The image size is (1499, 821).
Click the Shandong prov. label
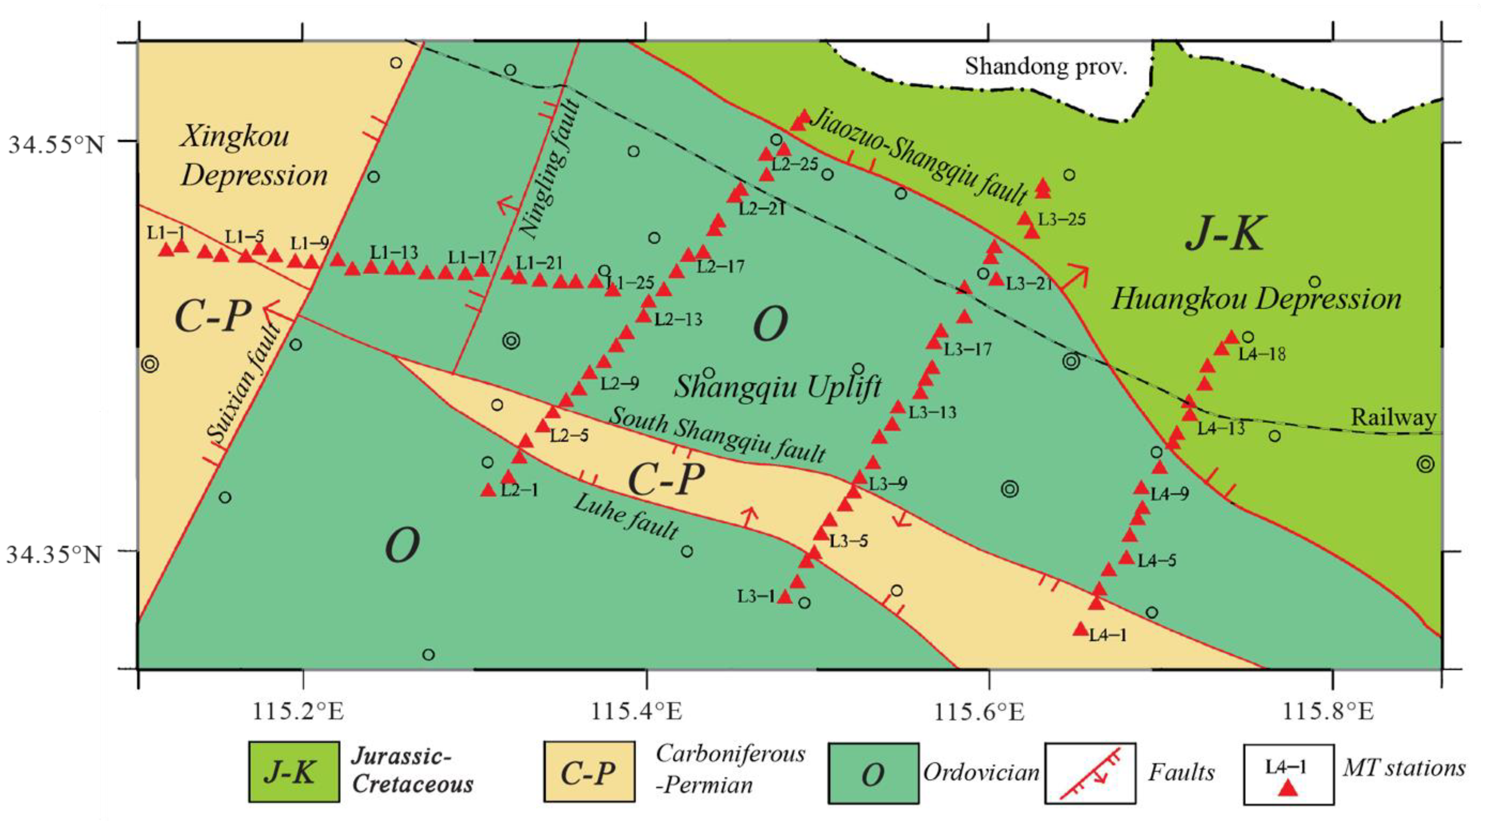1046,66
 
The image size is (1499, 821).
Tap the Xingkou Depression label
253,156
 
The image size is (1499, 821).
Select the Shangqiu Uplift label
778,386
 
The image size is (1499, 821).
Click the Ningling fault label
550,169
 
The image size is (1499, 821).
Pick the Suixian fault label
245,384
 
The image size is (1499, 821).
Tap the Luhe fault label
626,517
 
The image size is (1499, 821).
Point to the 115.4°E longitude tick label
636,711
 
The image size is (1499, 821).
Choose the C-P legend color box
588,772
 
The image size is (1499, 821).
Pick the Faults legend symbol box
1089,773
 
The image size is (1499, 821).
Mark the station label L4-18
1261,354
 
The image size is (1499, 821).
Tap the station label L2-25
795,164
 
